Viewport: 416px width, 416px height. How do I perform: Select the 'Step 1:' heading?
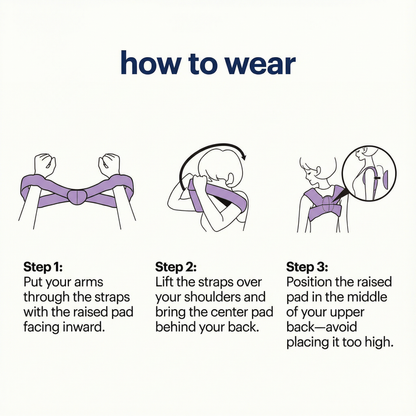pos(43,267)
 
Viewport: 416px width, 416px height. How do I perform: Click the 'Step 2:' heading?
pos(176,267)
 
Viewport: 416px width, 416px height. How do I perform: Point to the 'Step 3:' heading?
pos(307,267)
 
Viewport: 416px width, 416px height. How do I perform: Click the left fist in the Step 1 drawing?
pos(45,165)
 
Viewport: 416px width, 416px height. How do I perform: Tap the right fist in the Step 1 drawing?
pos(109,165)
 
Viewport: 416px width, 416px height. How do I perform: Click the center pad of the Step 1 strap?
pos(77,196)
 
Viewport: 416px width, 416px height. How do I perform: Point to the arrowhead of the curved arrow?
pos(244,155)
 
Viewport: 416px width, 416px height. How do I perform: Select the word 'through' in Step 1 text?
pos(45,297)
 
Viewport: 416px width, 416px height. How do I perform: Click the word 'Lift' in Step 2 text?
pos(164,282)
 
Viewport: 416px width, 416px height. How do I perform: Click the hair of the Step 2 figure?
pos(217,160)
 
